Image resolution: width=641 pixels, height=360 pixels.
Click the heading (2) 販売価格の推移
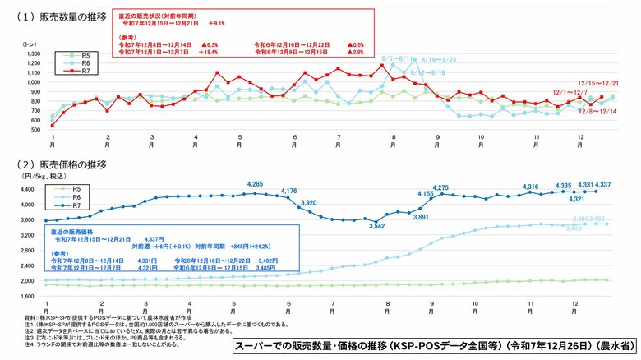pos(58,164)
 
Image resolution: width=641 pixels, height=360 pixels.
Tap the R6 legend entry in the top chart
pos(80,62)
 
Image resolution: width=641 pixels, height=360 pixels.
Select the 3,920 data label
pos(309,202)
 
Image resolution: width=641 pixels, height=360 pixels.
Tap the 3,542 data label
pos(377,225)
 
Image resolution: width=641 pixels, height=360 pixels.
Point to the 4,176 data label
pos(289,191)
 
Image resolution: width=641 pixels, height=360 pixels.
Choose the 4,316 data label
pos(533,187)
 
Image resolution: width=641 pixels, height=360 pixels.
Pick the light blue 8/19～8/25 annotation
pos(438,60)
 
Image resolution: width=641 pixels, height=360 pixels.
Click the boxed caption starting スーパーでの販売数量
pos(431,346)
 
